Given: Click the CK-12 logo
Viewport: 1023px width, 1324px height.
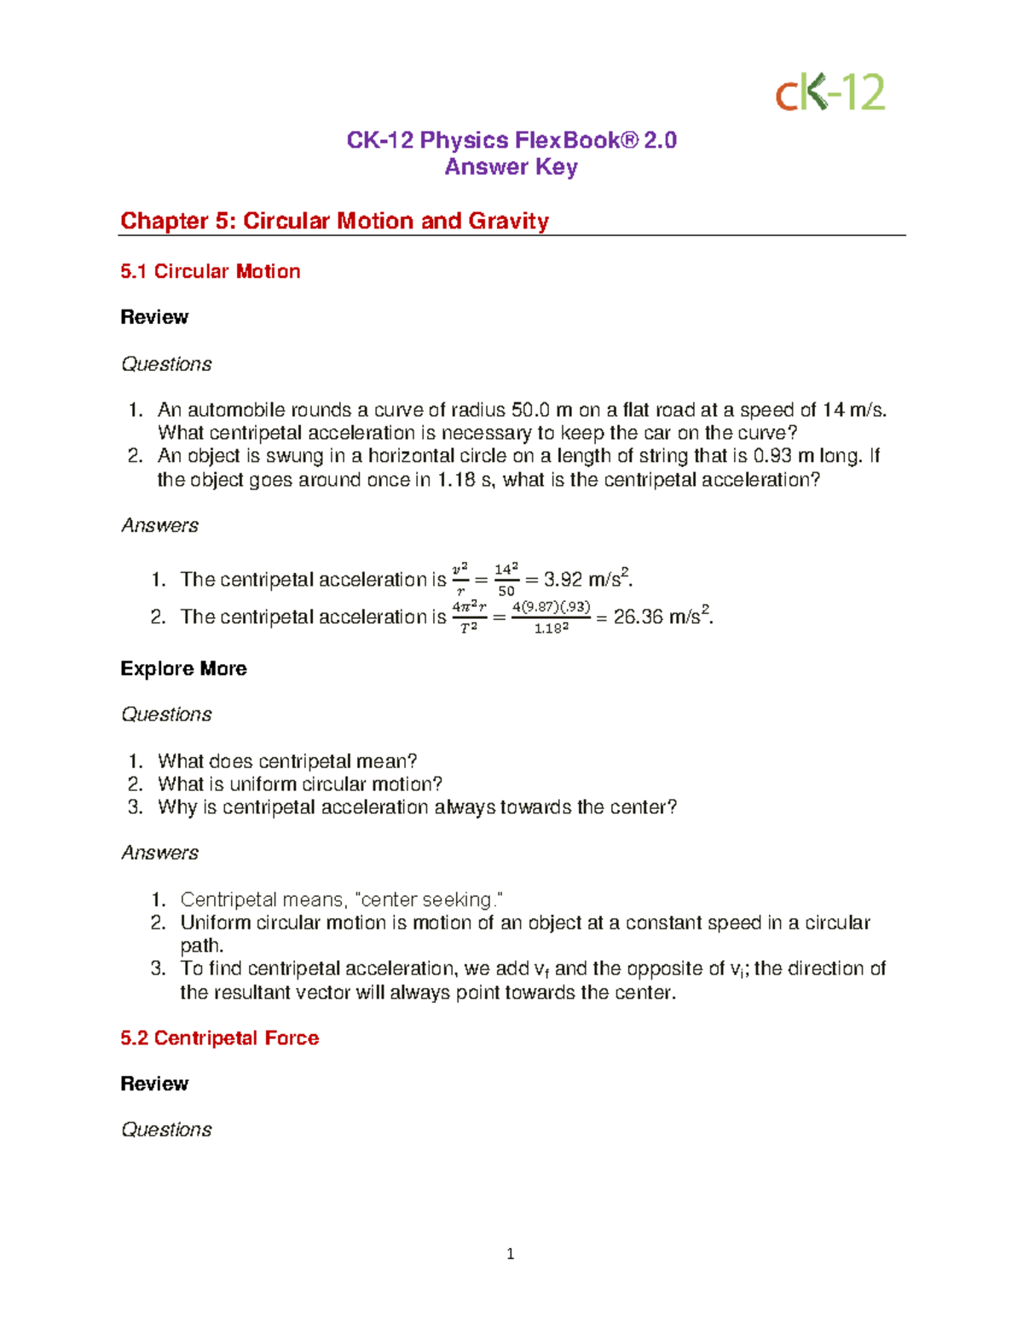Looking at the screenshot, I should pos(829,92).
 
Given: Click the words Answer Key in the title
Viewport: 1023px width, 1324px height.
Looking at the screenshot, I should pos(511,167).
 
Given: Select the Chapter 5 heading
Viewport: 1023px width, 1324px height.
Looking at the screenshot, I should pos(334,221).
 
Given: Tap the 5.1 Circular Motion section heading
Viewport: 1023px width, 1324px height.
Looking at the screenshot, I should pos(210,271).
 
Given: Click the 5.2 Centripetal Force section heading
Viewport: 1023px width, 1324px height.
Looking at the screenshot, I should pos(219,1038).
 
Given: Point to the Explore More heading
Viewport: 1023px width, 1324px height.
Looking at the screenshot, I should pos(183,668).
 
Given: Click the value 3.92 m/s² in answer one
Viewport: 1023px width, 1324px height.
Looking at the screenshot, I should pos(587,579).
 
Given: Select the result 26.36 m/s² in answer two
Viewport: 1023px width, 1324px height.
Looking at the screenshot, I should pos(662,616).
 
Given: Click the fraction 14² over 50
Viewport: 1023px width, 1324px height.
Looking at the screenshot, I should pos(506,580).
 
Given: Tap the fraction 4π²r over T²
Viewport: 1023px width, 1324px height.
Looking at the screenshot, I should pos(468,616).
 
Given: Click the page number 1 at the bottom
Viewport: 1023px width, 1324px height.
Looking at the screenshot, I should pos(510,1253).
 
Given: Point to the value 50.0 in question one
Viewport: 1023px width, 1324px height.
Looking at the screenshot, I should pos(530,410).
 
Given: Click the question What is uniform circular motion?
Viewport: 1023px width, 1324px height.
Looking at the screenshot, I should pos(300,784).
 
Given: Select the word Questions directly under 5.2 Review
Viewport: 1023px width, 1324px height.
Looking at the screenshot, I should pos(166,1130).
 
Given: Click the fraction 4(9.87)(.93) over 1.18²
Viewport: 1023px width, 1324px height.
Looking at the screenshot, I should pos(551,616).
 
